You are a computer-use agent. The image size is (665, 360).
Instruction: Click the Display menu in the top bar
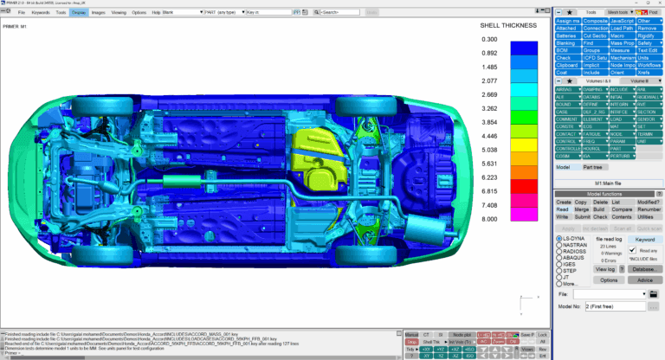pyautogui.click(x=79, y=13)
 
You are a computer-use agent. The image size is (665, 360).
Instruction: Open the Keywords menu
pyautogui.click(x=41, y=13)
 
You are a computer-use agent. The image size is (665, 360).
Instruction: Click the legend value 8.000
pyautogui.click(x=489, y=220)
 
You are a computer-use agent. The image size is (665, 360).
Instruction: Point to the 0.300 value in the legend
pyautogui.click(x=489, y=40)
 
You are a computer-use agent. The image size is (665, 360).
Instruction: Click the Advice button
pyautogui.click(x=643, y=280)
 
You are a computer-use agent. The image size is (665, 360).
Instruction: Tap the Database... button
pyautogui.click(x=642, y=269)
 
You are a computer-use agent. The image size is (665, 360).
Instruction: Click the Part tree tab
pyautogui.click(x=592, y=166)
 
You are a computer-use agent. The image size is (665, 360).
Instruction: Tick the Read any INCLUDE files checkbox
pyautogui.click(x=632, y=250)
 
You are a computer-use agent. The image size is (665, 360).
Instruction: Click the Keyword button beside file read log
pyautogui.click(x=645, y=239)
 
